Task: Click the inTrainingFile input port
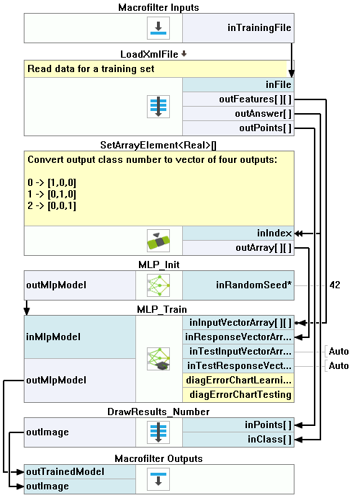coord(238,28)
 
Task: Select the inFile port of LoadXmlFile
coord(238,85)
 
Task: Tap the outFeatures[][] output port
coord(238,99)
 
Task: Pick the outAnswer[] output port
coord(238,114)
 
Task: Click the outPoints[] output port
coord(238,128)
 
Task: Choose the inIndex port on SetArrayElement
coord(238,234)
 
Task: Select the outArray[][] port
coord(238,248)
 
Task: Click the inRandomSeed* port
coord(238,285)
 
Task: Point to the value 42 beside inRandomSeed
coord(335,285)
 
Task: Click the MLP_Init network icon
coord(158,285)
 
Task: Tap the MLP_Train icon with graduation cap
coord(158,359)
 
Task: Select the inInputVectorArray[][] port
coord(238,323)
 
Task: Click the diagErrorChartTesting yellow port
coord(238,395)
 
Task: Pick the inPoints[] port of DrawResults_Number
coord(238,425)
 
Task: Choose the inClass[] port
coord(238,440)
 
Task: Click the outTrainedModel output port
coord(80,471)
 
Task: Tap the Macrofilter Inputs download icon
coord(158,28)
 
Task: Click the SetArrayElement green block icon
coord(158,241)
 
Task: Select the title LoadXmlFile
coord(149,54)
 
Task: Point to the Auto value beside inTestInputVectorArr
coord(338,351)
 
